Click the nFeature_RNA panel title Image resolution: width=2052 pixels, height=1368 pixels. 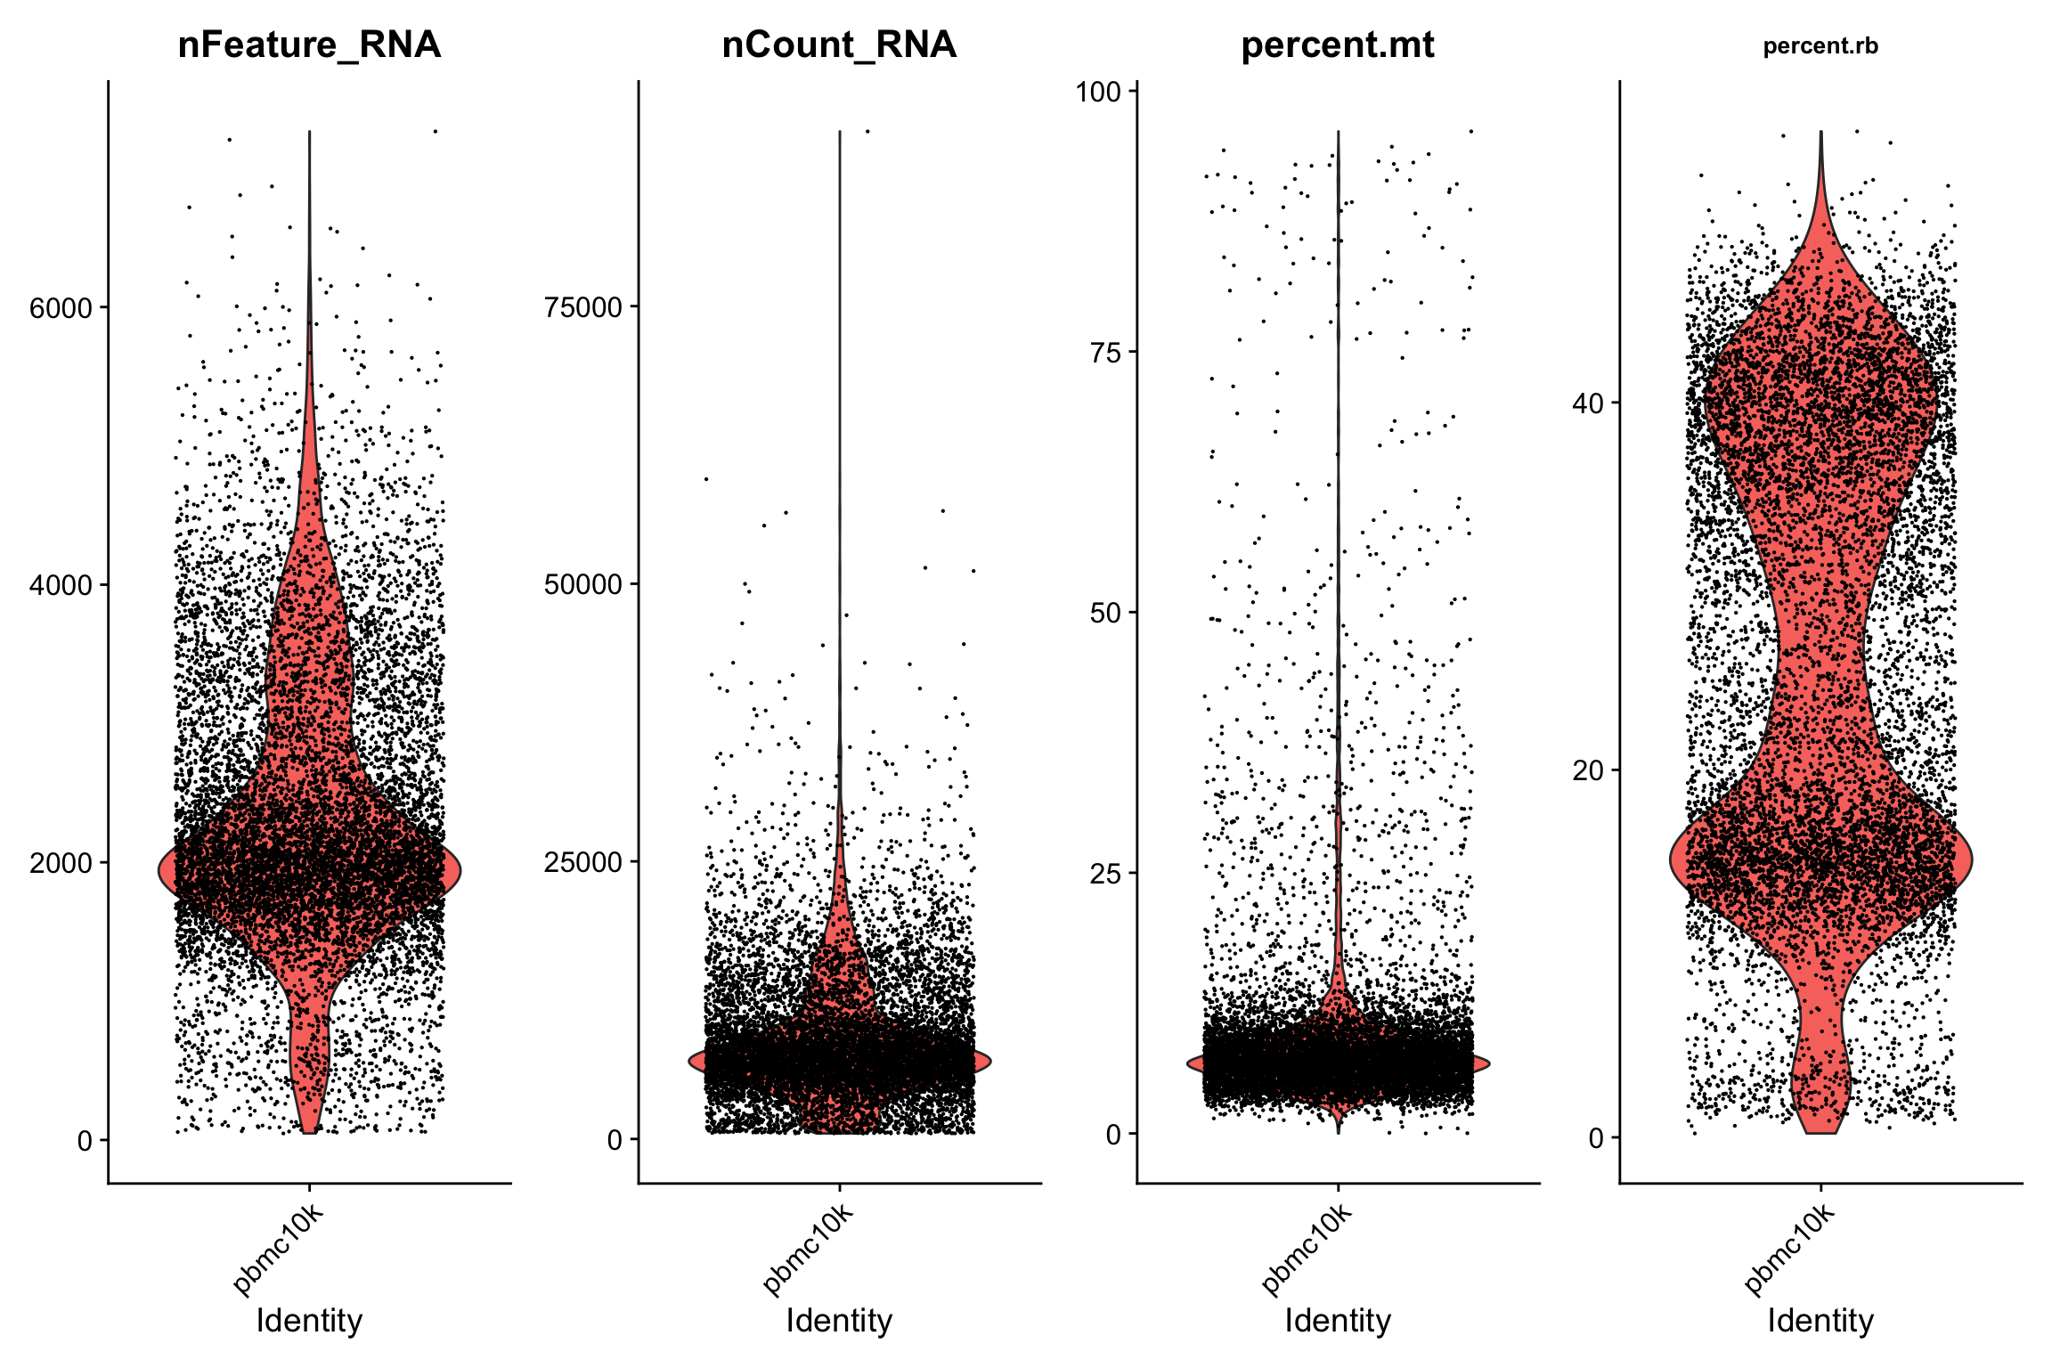(309, 45)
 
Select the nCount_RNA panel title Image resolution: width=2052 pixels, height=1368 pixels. (839, 45)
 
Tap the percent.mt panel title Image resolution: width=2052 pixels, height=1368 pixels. (1337, 45)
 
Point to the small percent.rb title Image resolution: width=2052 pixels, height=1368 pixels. (1820, 46)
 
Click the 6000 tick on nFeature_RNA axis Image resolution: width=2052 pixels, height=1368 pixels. (61, 308)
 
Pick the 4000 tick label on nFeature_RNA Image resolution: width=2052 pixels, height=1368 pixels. (61, 585)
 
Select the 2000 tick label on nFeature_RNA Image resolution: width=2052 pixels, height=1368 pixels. (61, 862)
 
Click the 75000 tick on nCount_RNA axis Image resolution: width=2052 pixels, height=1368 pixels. (583, 307)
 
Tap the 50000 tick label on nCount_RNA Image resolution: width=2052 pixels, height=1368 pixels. (583, 584)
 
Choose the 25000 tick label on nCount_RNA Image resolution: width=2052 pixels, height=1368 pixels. (583, 861)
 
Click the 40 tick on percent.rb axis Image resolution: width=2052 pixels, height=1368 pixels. (1587, 403)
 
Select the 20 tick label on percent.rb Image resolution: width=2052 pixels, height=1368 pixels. (1587, 770)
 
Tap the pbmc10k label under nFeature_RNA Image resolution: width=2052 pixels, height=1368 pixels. (278, 1249)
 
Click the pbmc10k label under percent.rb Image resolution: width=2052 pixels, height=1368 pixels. (1789, 1249)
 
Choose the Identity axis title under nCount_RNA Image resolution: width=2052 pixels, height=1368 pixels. (839, 1320)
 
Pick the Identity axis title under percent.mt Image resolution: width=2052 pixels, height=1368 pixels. (1337, 1320)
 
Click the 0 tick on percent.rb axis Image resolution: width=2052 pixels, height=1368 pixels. (1595, 1137)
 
